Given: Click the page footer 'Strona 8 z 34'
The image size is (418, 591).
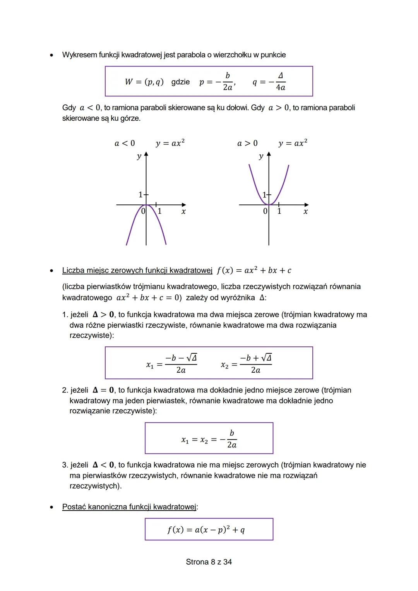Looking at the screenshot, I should coord(209,562).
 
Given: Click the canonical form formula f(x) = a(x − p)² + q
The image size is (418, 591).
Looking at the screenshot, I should coord(206,530).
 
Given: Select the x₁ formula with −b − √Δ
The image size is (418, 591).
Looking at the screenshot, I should coord(171,364).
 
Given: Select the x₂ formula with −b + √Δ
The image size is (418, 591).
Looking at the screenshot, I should coord(246,364).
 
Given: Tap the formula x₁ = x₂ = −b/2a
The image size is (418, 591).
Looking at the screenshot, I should coord(209,439).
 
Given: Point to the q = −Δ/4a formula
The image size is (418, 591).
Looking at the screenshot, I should coord(269,82).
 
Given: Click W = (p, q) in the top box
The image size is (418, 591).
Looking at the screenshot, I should coord(144,82).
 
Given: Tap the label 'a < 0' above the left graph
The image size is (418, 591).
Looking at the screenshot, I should coord(125,143).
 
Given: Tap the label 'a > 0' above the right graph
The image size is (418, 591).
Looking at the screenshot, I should coord(247,143).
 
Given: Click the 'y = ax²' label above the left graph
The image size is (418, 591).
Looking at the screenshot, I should coord(170,143).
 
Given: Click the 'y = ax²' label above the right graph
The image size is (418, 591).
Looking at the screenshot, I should coord(293,143).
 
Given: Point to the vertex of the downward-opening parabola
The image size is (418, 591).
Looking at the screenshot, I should coord(146,205).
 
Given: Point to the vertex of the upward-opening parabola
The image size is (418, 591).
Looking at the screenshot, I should coord(269,204).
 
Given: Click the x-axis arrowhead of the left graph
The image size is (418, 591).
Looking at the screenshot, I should coord(184,205).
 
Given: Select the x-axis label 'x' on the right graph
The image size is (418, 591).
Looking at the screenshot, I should coord(305,212).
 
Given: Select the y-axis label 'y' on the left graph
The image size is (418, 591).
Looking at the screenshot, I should coord(139,157).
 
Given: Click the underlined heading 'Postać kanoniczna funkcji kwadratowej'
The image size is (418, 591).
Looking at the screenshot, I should coord(129,507).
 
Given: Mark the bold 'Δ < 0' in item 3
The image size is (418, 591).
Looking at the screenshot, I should coord(103,465).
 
